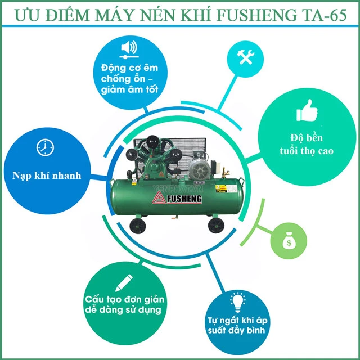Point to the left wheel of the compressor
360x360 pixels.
[137, 226]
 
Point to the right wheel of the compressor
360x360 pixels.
[215, 225]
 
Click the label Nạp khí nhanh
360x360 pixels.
[46, 175]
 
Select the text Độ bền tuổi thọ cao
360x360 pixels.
[304, 145]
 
